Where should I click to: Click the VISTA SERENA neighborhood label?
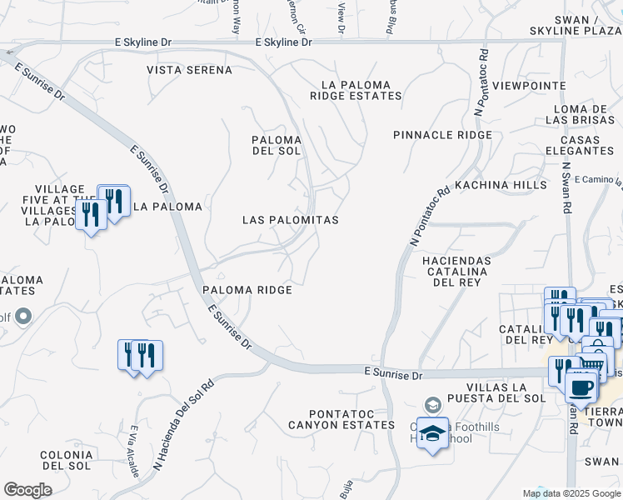click(189, 70)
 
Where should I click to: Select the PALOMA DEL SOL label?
click(277, 145)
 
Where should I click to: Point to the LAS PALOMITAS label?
click(290, 220)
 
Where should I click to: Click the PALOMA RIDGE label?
click(247, 290)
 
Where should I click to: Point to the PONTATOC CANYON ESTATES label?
click(341, 419)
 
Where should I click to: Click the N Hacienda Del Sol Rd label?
click(183, 426)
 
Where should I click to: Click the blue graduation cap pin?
click(432, 433)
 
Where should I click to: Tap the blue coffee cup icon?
click(581, 387)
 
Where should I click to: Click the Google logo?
click(27, 489)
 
